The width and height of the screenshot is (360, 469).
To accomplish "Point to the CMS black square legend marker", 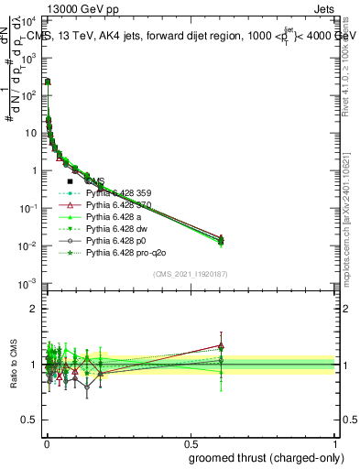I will pyautogui.click(x=70, y=182).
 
